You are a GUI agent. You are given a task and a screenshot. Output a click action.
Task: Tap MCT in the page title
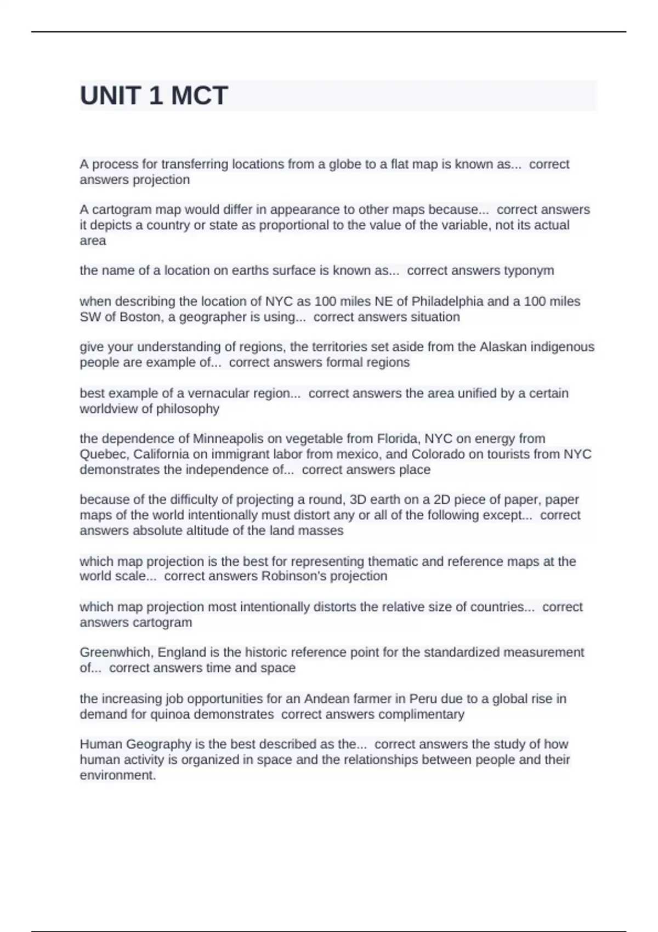199,96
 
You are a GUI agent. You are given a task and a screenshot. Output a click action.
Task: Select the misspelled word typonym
529,270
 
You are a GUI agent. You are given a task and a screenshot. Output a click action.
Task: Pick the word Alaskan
503,346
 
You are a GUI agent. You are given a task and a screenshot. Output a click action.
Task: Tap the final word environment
117,775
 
